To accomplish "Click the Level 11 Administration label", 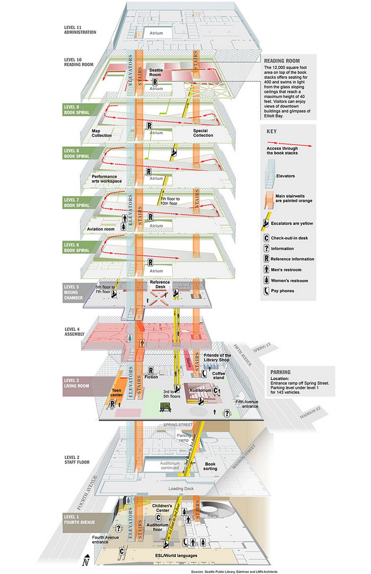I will coord(80,30).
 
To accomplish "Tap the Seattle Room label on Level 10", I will coord(156,72).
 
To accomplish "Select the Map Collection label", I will coord(101,133).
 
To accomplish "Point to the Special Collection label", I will coord(203,133).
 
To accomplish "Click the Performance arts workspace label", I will coord(106,179).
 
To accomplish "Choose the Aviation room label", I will coord(101,229).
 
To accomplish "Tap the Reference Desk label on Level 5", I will coord(160,284).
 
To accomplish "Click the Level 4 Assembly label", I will coord(74,331).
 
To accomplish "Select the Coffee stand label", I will coord(218,375).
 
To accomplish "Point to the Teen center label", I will coord(116,392).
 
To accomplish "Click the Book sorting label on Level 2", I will coord(210,466).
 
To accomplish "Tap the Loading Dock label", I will coord(181,488).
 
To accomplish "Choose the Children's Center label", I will coord(162,508).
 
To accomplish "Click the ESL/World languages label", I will coord(176,555).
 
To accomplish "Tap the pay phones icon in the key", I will coord(266,291).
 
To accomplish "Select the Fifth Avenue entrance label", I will coord(247,404).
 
